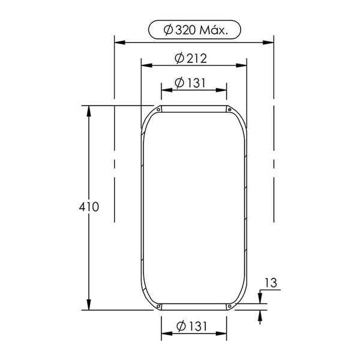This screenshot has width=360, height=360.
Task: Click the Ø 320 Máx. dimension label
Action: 196,30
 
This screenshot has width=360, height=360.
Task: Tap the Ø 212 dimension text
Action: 191,59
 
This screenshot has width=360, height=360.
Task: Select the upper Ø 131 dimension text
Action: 190,83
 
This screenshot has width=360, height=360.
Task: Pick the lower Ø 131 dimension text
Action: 192,326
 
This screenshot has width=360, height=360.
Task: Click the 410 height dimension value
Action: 89,207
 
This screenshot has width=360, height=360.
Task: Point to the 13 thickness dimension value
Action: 271,283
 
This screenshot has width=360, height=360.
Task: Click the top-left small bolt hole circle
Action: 158,110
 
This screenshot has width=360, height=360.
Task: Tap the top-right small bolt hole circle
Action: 230,110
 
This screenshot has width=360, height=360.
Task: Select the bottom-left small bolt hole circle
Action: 158,306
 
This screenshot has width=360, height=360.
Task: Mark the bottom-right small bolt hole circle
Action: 230,306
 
